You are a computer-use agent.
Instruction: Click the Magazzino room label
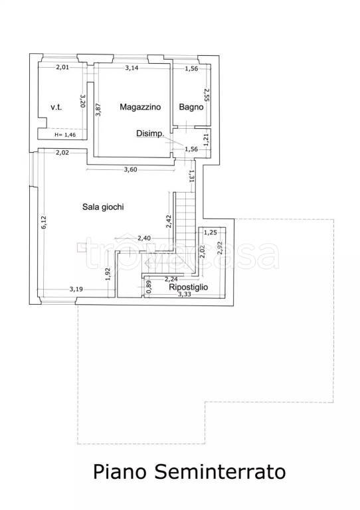pyautogui.click(x=140, y=107)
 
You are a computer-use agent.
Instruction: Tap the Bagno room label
pyautogui.click(x=191, y=107)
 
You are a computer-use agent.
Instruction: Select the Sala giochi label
pyautogui.click(x=103, y=207)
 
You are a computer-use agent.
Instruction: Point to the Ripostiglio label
pyautogui.click(x=188, y=287)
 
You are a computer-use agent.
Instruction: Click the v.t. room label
pyautogui.click(x=56, y=107)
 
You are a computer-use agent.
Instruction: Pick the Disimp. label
pyautogui.click(x=150, y=133)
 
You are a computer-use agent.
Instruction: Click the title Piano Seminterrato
pyautogui.click(x=189, y=471)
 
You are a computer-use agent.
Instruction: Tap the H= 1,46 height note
pyautogui.click(x=65, y=135)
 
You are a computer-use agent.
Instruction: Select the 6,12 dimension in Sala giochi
pyautogui.click(x=44, y=222)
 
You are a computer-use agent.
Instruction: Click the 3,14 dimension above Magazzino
pyautogui.click(x=132, y=68)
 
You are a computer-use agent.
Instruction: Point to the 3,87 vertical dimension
pyautogui.click(x=98, y=110)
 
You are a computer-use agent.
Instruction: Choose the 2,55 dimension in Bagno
pyautogui.click(x=206, y=95)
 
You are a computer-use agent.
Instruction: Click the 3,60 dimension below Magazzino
pyautogui.click(x=130, y=169)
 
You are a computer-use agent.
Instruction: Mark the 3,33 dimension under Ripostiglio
pyautogui.click(x=185, y=294)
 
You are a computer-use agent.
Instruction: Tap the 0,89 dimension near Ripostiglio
pyautogui.click(x=149, y=287)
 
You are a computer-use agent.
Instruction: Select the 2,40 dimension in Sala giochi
pyautogui.click(x=144, y=238)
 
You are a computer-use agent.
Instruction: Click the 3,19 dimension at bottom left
pyautogui.click(x=76, y=289)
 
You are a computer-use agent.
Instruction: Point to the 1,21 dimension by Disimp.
pyautogui.click(x=206, y=140)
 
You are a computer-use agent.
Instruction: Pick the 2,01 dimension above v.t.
pyautogui.click(x=62, y=68)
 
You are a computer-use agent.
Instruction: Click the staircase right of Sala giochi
pyautogui.click(x=185, y=224)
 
